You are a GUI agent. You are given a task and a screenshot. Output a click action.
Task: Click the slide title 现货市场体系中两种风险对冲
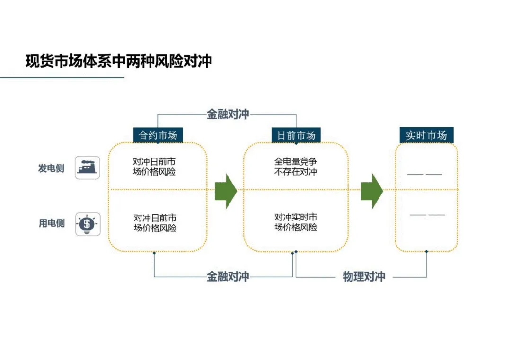click(x=119, y=61)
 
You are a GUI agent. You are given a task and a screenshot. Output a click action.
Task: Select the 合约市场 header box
click(x=158, y=135)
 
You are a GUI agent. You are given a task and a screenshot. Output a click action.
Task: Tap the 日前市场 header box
click(x=296, y=135)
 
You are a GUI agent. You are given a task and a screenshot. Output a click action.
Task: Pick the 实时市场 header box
click(x=426, y=135)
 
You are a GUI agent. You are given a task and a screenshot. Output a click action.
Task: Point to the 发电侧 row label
click(x=51, y=168)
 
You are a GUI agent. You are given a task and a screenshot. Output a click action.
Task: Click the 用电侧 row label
click(x=52, y=223)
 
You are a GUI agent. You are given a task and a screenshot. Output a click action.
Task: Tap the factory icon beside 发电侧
click(x=88, y=167)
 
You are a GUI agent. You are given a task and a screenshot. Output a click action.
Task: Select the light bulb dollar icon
click(x=88, y=224)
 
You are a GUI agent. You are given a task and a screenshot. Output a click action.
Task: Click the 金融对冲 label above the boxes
click(x=228, y=114)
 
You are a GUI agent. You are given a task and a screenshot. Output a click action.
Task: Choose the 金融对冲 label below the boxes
click(x=228, y=276)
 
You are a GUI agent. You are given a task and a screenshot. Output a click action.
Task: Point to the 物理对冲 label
click(x=364, y=276)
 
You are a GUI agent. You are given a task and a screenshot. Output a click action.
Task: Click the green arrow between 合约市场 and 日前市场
click(x=226, y=191)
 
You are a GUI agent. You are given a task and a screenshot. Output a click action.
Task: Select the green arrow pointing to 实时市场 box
click(x=372, y=191)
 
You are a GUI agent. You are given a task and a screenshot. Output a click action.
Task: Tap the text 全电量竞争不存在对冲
click(x=296, y=167)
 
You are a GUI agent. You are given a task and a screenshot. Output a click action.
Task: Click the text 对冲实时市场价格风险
click(x=296, y=222)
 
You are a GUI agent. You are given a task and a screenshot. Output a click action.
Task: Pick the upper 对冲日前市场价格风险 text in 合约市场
click(x=154, y=167)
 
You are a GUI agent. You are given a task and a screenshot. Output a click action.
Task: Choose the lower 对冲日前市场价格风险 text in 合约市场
click(x=155, y=222)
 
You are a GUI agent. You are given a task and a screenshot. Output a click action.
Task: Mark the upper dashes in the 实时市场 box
click(x=424, y=174)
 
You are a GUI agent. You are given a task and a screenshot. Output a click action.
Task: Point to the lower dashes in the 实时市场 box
click(x=427, y=215)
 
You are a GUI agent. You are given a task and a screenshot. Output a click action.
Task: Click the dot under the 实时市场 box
click(x=426, y=251)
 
